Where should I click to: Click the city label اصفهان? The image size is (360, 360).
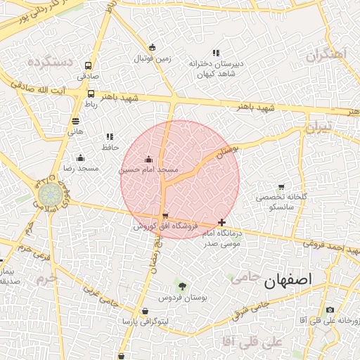pyautogui.click(x=288, y=281)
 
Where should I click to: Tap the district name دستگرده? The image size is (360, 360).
pyautogui.click(x=51, y=62)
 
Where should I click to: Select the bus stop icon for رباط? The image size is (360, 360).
pyautogui.click(x=91, y=94)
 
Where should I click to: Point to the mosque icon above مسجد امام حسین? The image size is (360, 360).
pyautogui.click(x=148, y=160)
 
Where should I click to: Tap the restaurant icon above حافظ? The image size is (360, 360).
pyautogui.click(x=109, y=136)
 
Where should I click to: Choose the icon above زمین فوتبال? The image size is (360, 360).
pyautogui.click(x=153, y=48)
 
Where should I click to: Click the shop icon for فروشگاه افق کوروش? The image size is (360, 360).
pyautogui.click(x=165, y=217)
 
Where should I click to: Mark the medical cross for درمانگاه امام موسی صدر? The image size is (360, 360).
pyautogui.click(x=222, y=222)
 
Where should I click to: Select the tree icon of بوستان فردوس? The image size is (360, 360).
pyautogui.click(x=183, y=286)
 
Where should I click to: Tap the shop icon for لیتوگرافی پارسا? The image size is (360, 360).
pyautogui.click(x=144, y=311)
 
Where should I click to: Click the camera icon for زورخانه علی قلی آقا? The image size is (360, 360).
pyautogui.click(x=330, y=310)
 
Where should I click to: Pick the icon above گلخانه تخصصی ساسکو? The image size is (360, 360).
pyautogui.click(x=281, y=187)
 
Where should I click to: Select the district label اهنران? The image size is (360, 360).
pyautogui.click(x=328, y=54)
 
